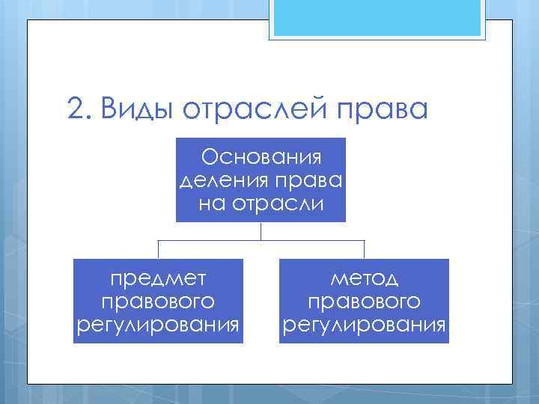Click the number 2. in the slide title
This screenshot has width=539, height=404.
pyautogui.click(x=78, y=109)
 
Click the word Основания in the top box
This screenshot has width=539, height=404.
pyautogui.click(x=261, y=158)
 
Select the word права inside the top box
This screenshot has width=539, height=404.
pyautogui.click(x=302, y=180)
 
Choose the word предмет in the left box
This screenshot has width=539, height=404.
pyautogui.click(x=158, y=279)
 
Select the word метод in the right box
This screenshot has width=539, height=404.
pyautogui.click(x=364, y=279)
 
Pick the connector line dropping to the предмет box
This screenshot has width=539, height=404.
pyautogui.click(x=158, y=249)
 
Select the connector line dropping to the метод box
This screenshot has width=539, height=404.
pyautogui.click(x=364, y=249)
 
